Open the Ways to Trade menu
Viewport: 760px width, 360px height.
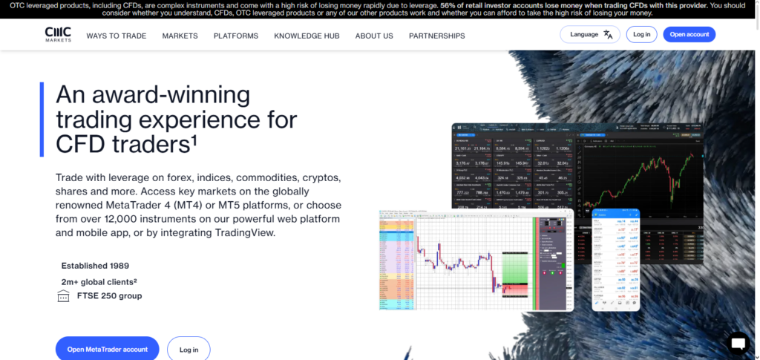pyautogui.click(x=116, y=36)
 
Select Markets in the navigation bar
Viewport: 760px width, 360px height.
pyautogui.click(x=180, y=36)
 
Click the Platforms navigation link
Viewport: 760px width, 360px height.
pyautogui.click(x=235, y=36)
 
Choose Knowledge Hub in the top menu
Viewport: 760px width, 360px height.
pyautogui.click(x=307, y=36)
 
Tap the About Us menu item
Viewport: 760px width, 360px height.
pyautogui.click(x=374, y=36)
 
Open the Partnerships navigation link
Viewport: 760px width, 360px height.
pyautogui.click(x=436, y=36)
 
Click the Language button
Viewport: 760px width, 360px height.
pyautogui.click(x=584, y=34)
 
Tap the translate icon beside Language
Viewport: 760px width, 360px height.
pyautogui.click(x=608, y=34)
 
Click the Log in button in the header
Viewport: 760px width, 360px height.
pyautogui.click(x=641, y=34)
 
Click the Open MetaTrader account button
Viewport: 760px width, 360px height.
pyautogui.click(x=108, y=349)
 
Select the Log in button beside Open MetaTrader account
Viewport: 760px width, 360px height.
pyautogui.click(x=189, y=349)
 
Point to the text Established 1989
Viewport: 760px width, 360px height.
pyautogui.click(x=95, y=265)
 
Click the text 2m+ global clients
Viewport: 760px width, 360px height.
pyautogui.click(x=99, y=281)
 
